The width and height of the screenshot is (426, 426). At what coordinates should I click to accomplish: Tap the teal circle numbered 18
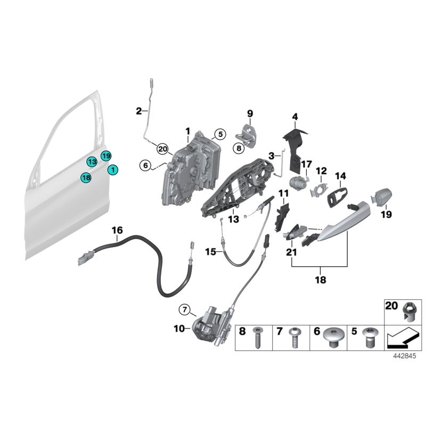tap(86, 177)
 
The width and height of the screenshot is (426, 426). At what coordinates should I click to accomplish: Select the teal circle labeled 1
tap(113, 169)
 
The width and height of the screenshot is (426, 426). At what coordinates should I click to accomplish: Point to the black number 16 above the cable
tap(117, 230)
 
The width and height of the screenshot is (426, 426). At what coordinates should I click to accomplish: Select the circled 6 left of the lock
tap(145, 166)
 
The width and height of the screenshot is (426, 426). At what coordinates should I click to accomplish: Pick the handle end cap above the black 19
tap(382, 195)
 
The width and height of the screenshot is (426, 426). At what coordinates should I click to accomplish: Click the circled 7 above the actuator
tap(184, 309)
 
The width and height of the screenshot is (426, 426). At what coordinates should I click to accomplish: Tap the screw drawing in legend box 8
tap(257, 338)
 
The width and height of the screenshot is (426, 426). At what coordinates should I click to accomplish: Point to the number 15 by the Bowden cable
tap(210, 251)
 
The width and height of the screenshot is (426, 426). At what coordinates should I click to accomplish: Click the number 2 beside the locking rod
tap(138, 111)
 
